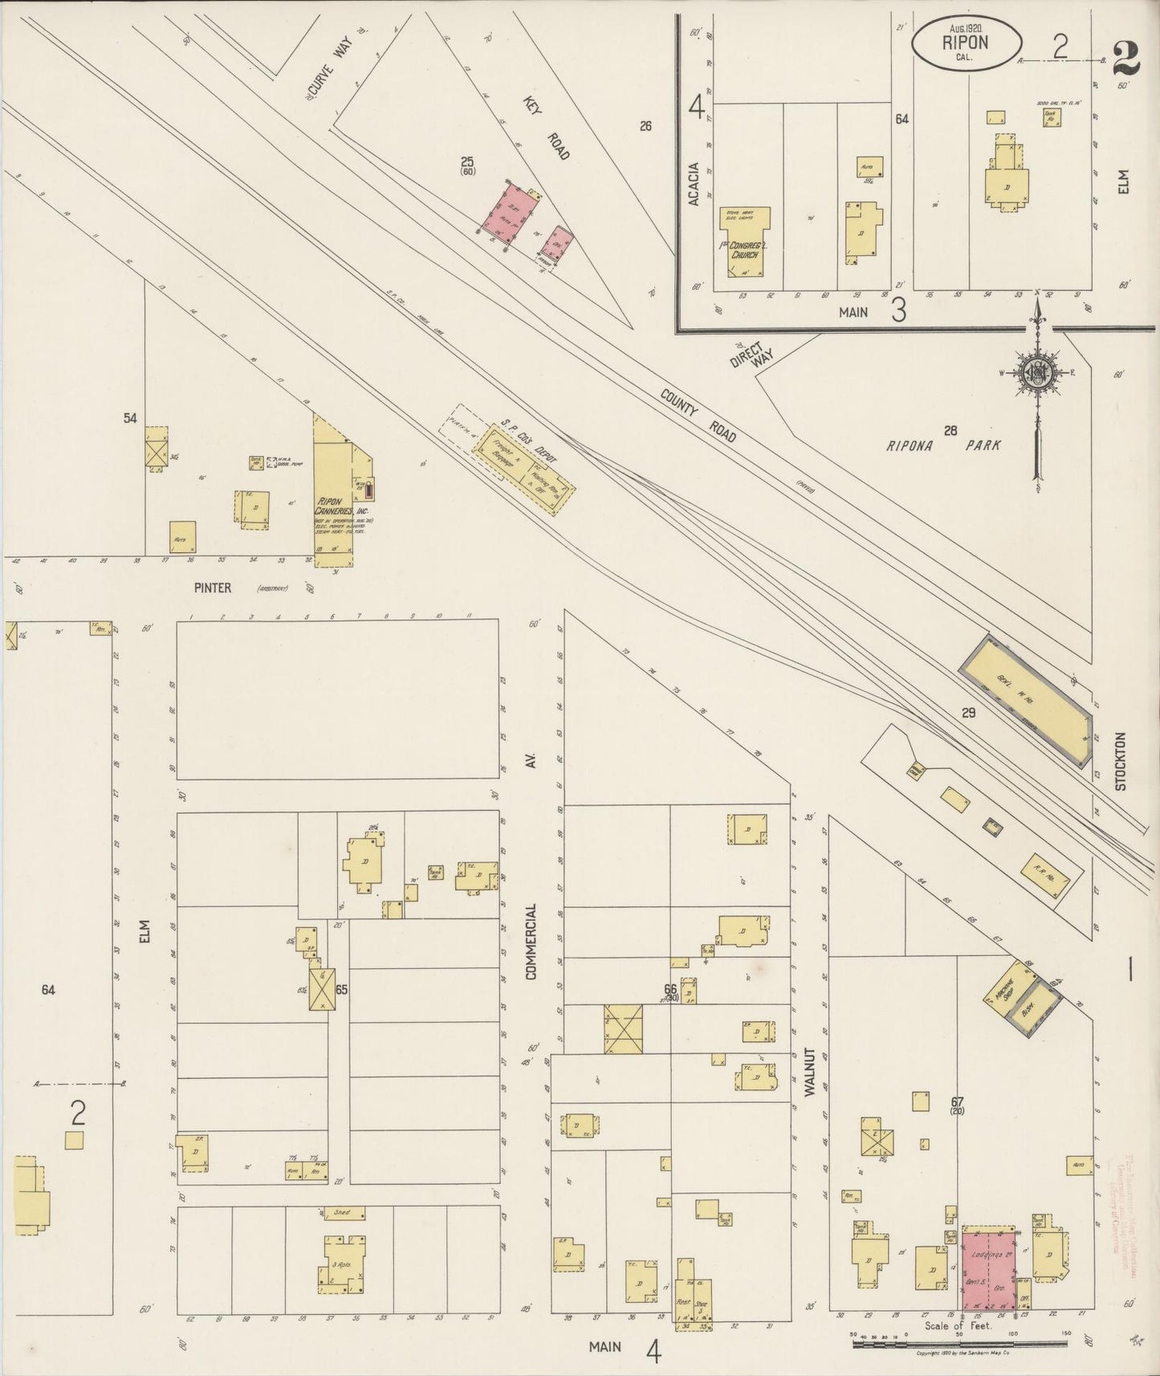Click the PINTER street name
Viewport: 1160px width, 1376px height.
213,588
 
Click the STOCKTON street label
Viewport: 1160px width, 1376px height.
1121,761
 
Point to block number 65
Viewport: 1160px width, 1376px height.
341,990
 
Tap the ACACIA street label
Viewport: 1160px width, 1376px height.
694,184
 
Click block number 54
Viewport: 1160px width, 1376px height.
130,418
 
